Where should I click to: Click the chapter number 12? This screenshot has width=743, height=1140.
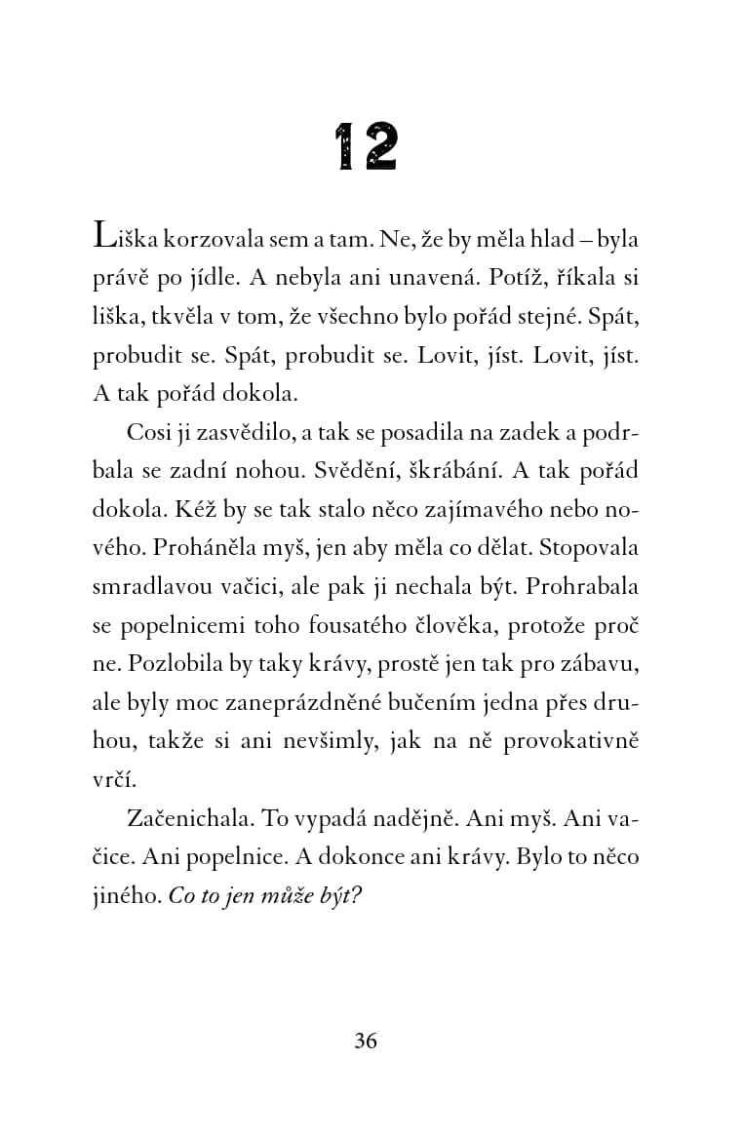[366, 147]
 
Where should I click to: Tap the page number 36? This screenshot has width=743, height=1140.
[366, 1040]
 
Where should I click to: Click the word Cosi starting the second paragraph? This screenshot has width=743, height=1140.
[148, 431]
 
